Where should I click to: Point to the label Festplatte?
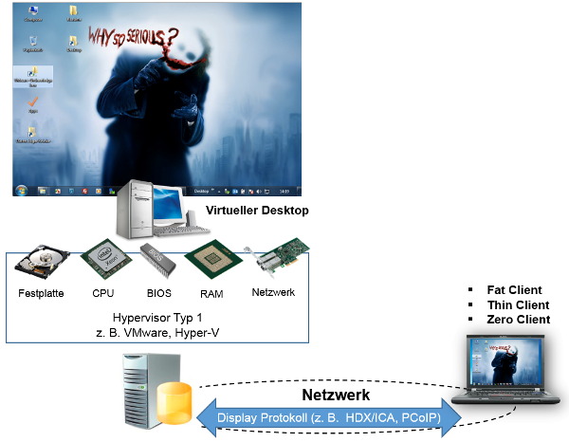click(41, 293)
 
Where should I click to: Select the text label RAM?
click(211, 294)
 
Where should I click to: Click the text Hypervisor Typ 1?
click(157, 318)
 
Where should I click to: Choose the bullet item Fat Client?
click(513, 289)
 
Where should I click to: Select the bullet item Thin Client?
click(517, 304)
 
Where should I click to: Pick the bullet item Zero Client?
click(518, 320)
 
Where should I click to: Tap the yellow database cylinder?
click(174, 402)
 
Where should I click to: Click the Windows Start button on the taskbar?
click(21, 190)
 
